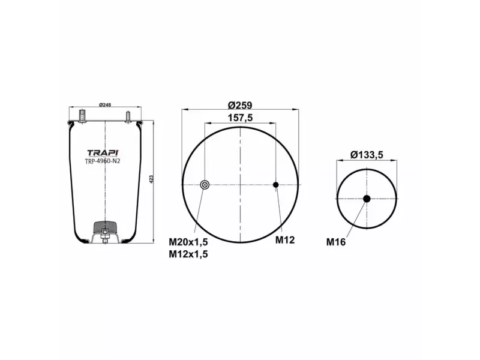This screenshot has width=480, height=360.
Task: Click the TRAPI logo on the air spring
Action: (103, 152)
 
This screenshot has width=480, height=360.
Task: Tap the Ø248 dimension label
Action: (104, 105)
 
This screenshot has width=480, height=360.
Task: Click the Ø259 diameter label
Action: (240, 103)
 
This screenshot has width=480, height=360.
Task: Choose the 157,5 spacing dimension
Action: (240, 118)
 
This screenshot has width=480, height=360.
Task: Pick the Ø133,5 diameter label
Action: (367, 155)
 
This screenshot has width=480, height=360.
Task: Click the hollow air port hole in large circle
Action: (205, 185)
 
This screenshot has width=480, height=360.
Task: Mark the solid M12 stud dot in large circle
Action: (276, 185)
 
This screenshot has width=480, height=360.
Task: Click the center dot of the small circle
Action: (367, 198)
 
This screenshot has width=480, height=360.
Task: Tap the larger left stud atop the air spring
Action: (82, 114)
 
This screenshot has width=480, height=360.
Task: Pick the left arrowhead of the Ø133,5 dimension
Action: (338, 161)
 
